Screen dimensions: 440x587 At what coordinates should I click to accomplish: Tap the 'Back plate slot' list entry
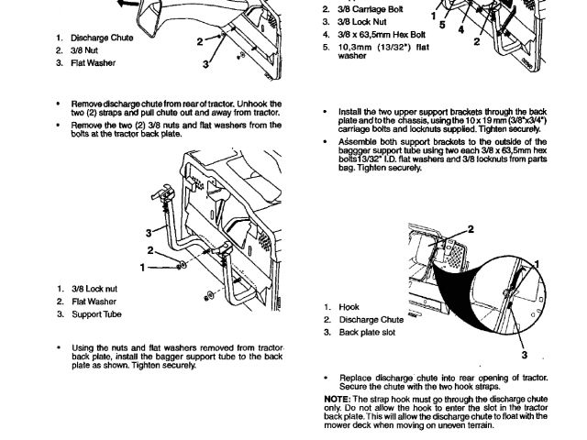368,332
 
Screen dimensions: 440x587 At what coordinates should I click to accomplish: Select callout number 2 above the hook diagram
471,228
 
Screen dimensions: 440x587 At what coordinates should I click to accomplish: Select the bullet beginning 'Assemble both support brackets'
327,142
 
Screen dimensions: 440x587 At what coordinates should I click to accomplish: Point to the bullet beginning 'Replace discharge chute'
327,376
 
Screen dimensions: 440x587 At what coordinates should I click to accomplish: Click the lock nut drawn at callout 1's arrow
183,266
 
